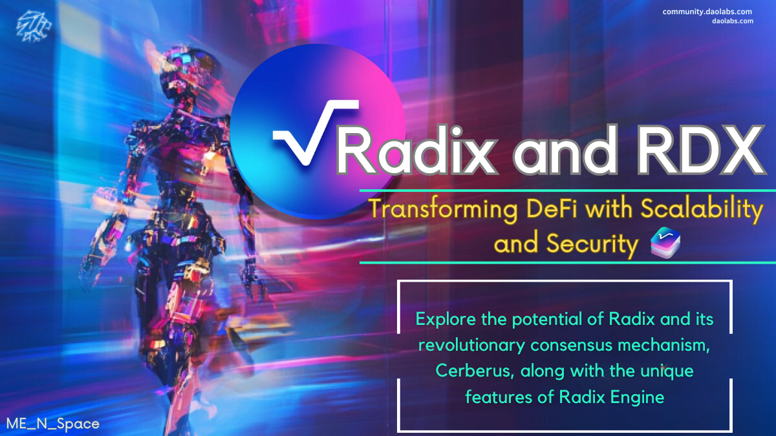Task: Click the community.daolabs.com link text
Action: pos(707,12)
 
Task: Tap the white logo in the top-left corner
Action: pos(34,26)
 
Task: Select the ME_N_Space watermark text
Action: pos(52,424)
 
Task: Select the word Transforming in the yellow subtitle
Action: pos(444,210)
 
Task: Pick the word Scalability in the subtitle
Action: pos(702,210)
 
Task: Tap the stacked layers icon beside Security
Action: pos(665,243)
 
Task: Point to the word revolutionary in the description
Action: pos(472,346)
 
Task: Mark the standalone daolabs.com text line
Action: pos(733,21)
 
